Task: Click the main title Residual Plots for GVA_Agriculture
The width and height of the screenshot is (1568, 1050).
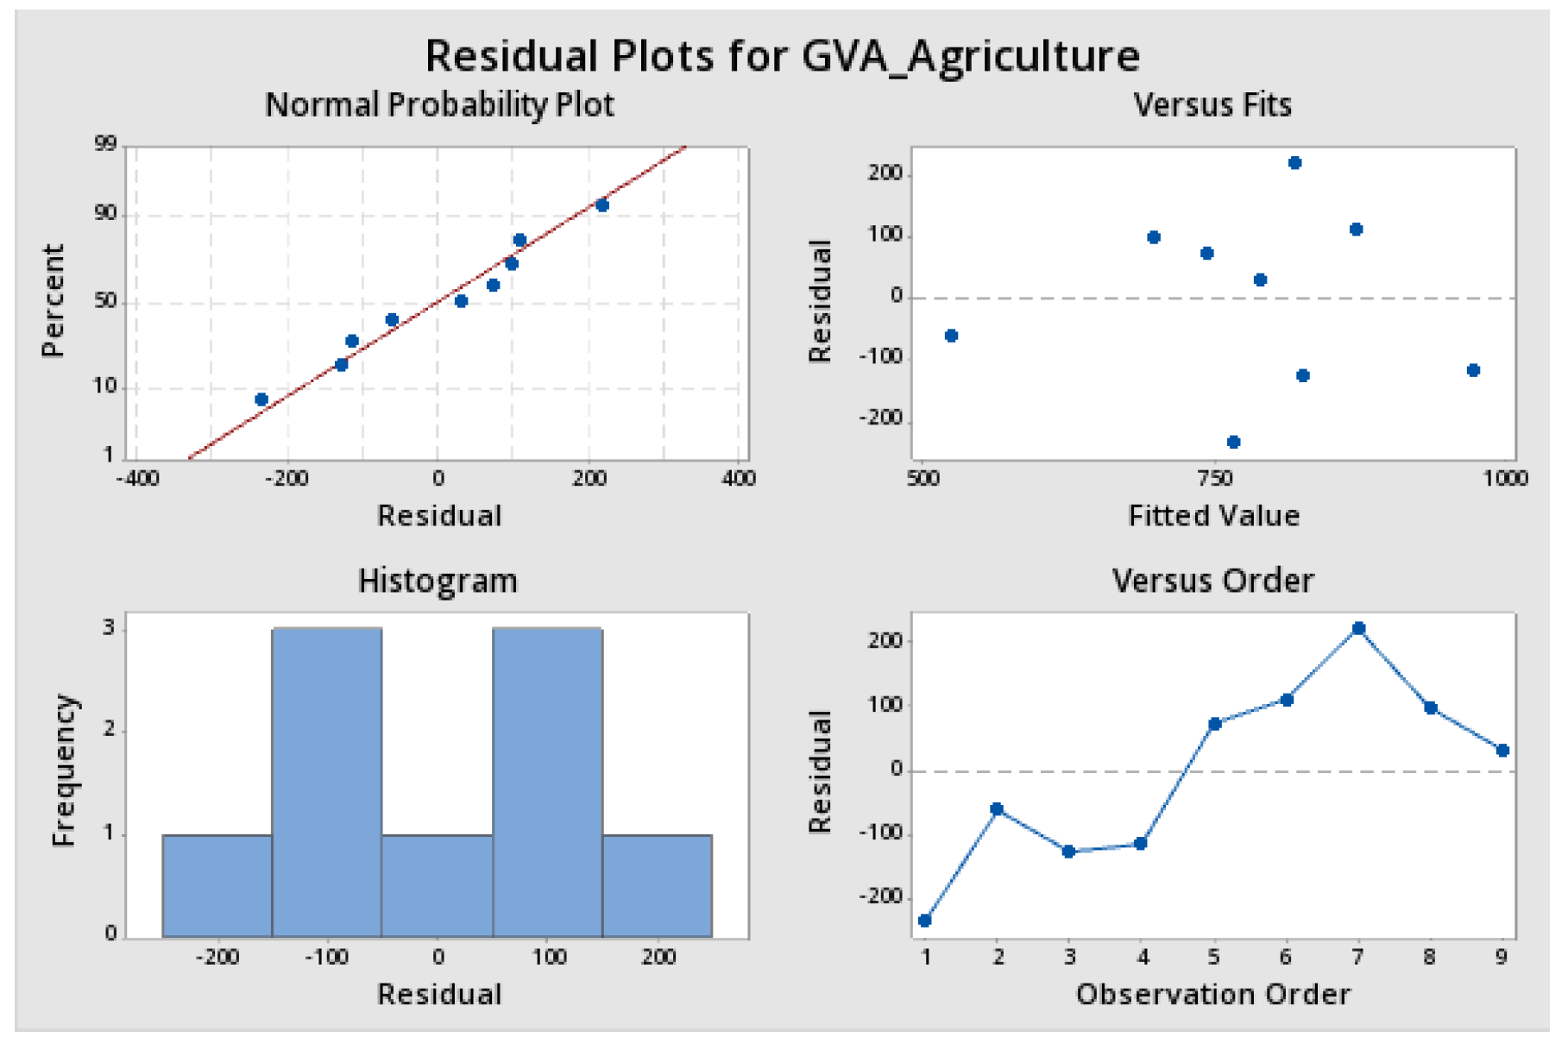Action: coord(782,56)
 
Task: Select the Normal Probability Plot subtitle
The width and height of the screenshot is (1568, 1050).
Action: coord(439,105)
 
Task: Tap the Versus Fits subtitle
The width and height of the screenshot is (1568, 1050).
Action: coord(1212,105)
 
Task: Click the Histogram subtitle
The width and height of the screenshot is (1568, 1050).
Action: coord(438,581)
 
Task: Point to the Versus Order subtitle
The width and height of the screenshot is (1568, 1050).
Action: coord(1212,581)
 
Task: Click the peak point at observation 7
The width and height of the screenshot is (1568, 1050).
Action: coord(1358,629)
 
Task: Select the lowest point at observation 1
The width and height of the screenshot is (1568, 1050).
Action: coord(925,921)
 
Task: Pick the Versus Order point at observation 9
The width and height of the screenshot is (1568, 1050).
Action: coord(1502,751)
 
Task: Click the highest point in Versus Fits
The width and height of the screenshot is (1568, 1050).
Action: coord(1294,163)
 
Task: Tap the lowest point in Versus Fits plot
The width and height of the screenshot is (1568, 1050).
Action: coord(1233,442)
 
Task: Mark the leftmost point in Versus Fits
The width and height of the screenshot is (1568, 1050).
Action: coord(951,336)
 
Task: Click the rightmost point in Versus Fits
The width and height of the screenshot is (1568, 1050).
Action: coord(1473,370)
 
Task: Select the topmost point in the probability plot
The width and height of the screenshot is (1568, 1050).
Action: coord(602,205)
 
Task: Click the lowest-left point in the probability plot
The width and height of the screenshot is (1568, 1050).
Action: coord(261,399)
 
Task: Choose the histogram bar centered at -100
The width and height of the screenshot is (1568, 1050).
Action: coord(327,783)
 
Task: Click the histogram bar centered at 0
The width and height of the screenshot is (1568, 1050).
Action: coord(438,886)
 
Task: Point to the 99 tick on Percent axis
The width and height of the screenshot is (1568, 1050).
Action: coord(105,144)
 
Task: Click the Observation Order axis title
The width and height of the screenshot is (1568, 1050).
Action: coord(1212,994)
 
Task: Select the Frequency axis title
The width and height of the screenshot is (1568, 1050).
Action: coord(65,770)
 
